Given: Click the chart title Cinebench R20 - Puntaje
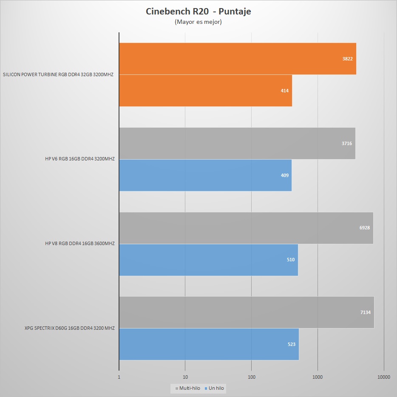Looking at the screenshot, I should (198, 11).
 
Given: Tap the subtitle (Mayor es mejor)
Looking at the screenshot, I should (198, 22).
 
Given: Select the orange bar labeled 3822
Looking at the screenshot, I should (237, 59).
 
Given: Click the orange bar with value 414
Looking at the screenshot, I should (205, 91).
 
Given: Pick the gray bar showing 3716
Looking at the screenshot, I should (237, 143).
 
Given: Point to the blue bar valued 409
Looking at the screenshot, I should (205, 175).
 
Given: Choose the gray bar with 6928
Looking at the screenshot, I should (246, 228).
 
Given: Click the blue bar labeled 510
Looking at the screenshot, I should (208, 260).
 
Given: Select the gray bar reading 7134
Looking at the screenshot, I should (246, 312).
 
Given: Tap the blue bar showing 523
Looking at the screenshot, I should (209, 344).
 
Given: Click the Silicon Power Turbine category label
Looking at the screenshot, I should (59, 74).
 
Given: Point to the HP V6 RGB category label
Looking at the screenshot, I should (79, 159).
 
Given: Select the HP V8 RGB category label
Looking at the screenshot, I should (79, 244).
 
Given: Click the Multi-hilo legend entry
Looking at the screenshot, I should (187, 388).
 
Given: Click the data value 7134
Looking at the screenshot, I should (365, 312).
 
